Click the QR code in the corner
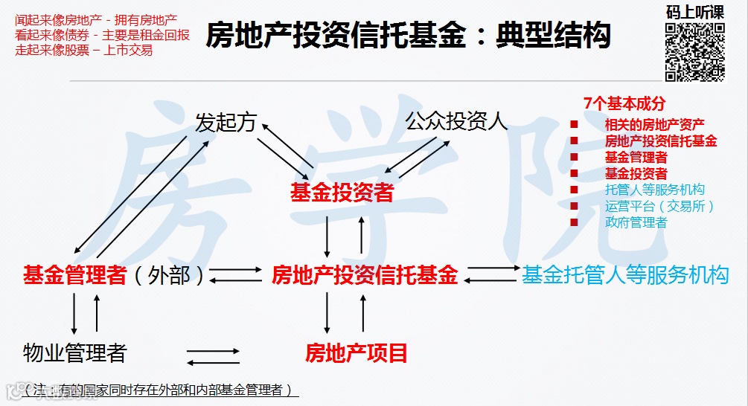point(694,51)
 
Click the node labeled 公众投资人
point(456,121)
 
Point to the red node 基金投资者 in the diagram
point(342,193)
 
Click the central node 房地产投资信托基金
point(364,275)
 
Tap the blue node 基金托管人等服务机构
point(625,275)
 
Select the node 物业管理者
point(74,352)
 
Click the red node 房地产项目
point(357,352)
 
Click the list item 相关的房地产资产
point(655,124)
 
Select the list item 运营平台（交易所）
point(659,206)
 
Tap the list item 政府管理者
point(636,222)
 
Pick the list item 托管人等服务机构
point(654,190)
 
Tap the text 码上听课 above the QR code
point(695,12)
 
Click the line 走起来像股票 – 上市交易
point(84,51)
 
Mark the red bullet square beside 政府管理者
point(574,222)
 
